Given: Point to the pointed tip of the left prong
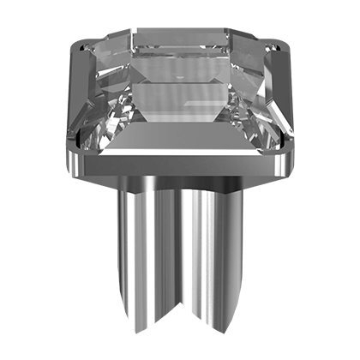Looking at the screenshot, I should (129, 330).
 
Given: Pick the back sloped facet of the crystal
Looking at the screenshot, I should (183, 39).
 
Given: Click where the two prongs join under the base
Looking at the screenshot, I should (179, 193).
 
